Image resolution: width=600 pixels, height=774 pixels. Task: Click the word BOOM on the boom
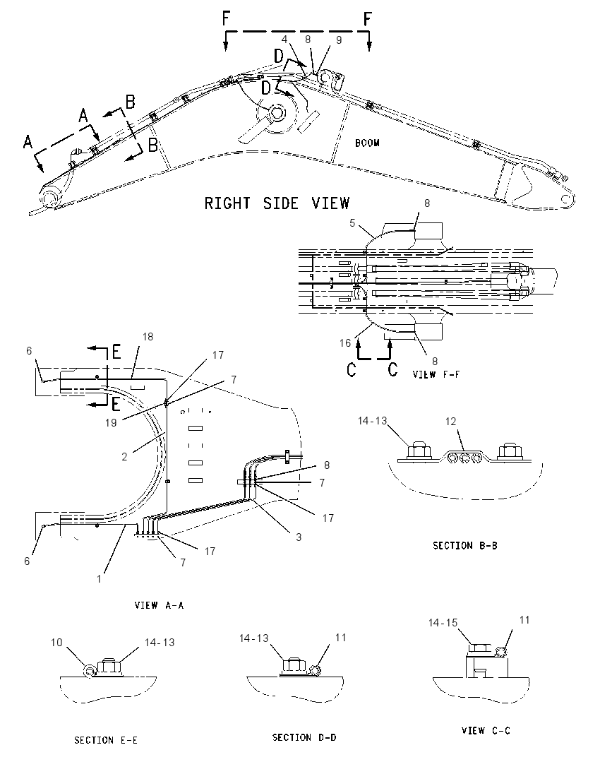point(367,143)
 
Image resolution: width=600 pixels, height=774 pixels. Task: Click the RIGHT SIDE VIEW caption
point(277,203)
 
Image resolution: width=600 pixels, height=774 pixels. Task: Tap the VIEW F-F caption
point(436,375)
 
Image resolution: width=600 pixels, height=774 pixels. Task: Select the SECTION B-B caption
point(464,545)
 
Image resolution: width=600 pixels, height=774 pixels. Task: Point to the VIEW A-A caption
point(159,605)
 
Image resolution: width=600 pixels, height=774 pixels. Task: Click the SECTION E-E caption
point(106,740)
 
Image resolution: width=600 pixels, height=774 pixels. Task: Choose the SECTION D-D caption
point(304,737)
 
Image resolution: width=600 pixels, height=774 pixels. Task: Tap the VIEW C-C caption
point(486,730)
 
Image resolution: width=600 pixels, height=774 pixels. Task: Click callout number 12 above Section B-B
point(451,422)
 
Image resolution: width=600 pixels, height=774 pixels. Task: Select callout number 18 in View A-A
point(148,337)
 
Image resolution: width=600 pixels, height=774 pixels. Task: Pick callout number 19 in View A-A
point(111,422)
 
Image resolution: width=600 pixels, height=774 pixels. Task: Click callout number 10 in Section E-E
point(56,642)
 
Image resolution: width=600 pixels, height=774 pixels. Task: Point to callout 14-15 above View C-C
point(443,623)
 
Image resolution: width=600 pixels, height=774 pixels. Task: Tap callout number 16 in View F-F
point(345,343)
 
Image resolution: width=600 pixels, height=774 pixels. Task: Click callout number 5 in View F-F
point(352,223)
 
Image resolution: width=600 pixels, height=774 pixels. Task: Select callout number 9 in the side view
point(339,40)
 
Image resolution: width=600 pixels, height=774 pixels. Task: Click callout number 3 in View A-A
point(299,537)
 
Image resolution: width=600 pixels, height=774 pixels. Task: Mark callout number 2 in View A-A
point(124,457)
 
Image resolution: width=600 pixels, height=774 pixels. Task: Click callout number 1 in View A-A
point(99,578)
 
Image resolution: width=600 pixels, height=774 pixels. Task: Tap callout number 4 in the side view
point(284,39)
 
